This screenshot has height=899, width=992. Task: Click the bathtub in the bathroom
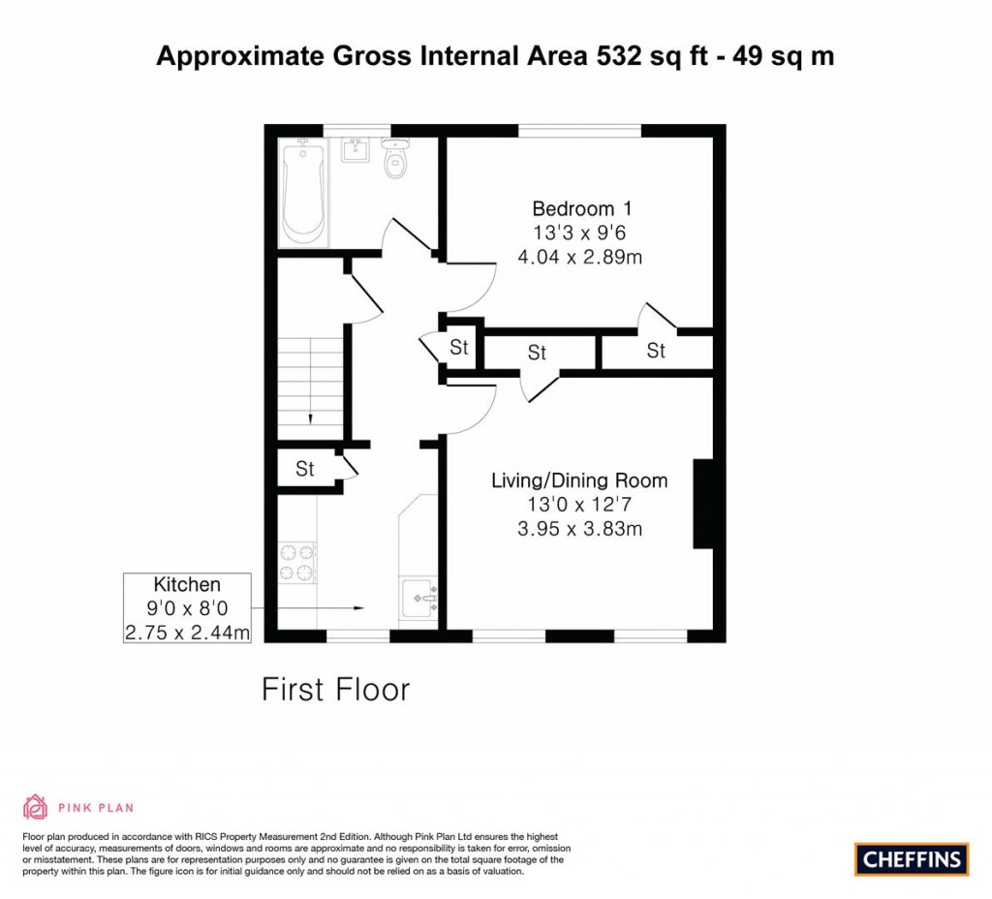pos(302,193)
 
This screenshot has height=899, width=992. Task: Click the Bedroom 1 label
pos(581,208)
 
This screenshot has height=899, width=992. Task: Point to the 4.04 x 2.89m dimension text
pos(581,258)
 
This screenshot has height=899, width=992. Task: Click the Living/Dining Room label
pos(579,480)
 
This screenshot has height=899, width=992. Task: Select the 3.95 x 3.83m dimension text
pos(579,529)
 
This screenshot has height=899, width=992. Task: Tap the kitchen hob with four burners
pos(297,562)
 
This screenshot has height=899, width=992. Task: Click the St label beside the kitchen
pos(305,470)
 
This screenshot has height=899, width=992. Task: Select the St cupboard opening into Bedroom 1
pos(656,351)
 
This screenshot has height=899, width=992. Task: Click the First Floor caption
pos(336,690)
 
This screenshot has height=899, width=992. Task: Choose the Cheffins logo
pos(911,858)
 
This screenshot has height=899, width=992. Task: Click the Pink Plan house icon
pos(35,807)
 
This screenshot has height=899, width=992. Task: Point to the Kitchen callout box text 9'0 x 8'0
pos(187,609)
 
